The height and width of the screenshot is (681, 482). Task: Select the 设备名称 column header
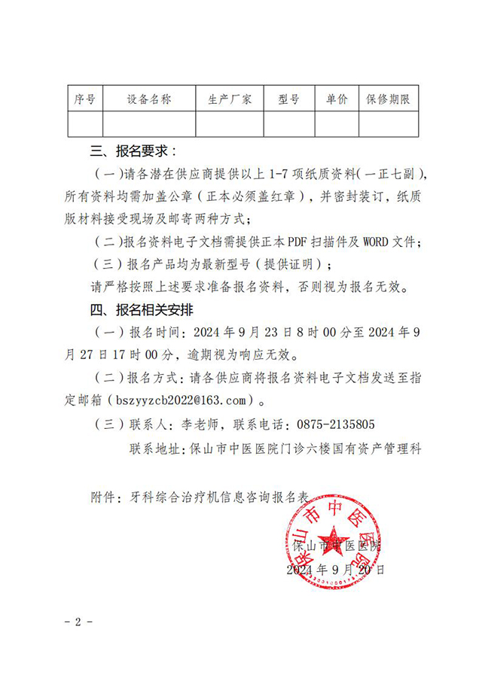click(149, 99)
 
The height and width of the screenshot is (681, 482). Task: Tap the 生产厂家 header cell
click(230, 99)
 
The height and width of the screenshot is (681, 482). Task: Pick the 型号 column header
click(288, 99)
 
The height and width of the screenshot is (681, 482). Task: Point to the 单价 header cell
click(337, 99)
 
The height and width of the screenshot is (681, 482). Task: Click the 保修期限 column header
click(389, 99)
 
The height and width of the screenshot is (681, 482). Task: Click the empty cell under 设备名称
click(149, 123)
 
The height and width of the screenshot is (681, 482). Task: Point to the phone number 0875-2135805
click(337, 424)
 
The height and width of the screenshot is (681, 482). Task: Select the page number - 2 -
click(78, 622)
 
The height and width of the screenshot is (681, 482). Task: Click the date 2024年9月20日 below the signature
click(336, 570)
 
